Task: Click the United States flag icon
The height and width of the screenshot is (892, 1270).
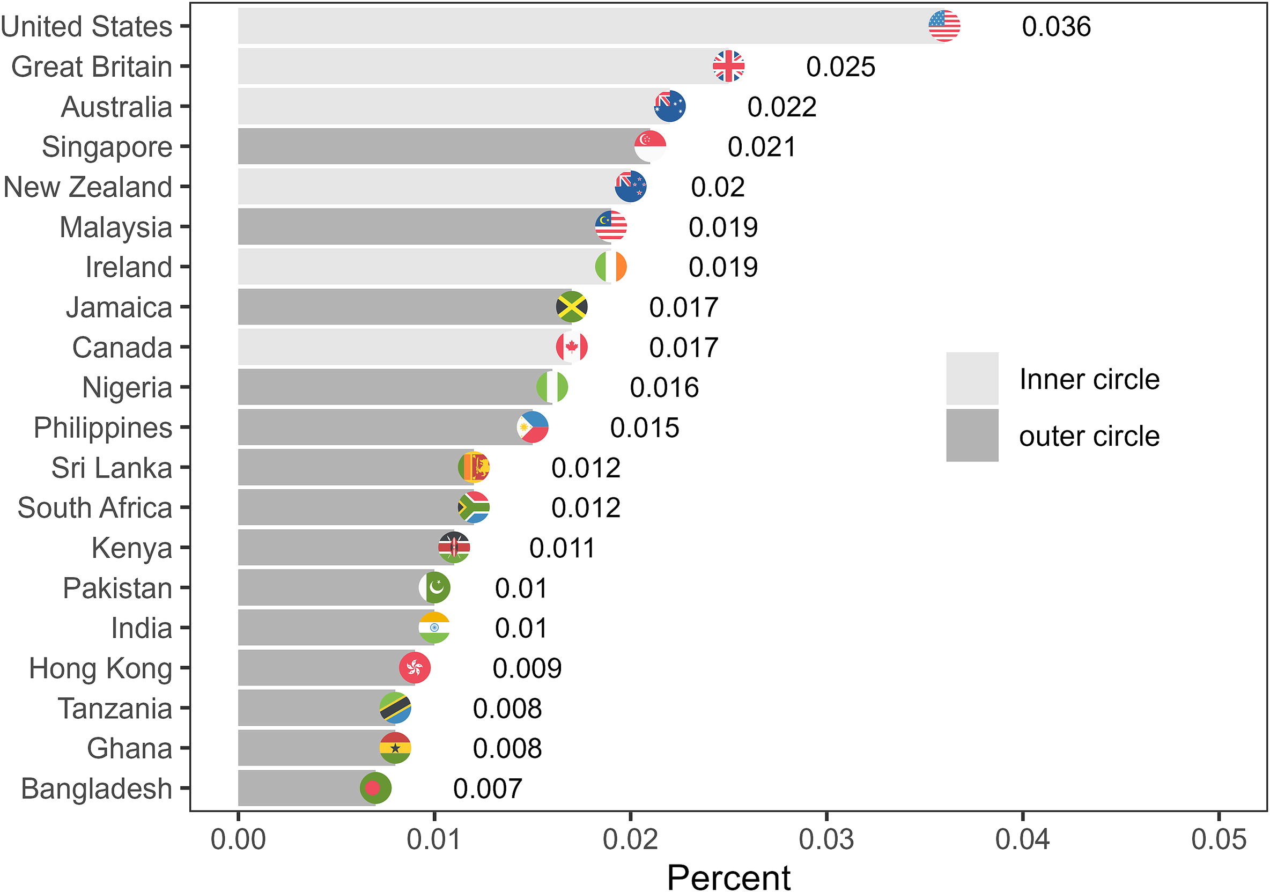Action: point(944,26)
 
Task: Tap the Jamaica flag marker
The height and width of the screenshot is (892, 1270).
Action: point(571,307)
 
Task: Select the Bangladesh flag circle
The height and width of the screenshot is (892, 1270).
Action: point(375,788)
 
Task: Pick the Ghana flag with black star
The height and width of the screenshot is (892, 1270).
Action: point(395,748)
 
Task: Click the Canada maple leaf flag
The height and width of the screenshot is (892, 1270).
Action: point(571,347)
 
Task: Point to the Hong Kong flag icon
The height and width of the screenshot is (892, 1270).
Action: point(415,668)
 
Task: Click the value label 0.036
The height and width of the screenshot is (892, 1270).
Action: point(1056,27)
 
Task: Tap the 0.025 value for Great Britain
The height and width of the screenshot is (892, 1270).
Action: point(840,67)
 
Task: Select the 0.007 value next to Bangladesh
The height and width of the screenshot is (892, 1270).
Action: point(488,788)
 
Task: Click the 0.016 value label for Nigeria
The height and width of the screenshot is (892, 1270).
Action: point(664,387)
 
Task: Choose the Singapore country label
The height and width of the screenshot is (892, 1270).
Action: point(107,147)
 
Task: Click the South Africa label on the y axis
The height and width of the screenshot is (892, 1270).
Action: point(94,508)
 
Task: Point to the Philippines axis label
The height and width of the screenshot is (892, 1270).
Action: point(102,427)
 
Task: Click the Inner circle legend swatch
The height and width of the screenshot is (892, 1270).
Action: point(972,379)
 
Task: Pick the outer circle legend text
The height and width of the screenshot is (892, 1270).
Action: point(1089,436)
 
